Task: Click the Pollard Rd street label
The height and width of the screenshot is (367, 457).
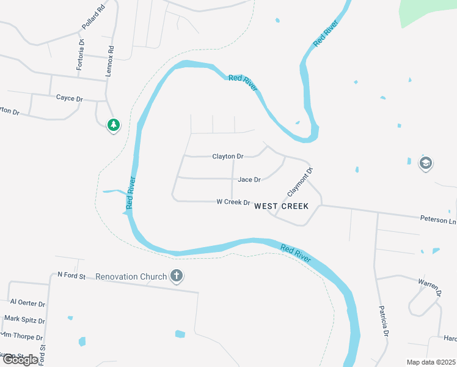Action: tap(93, 19)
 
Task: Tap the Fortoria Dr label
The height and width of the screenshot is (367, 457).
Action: tap(80, 54)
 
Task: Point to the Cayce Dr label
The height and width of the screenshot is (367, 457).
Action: tap(69, 98)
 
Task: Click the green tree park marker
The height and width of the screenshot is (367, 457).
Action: tap(113, 125)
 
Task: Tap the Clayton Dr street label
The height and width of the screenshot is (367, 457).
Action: tap(228, 157)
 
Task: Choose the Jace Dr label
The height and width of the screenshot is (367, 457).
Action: tap(249, 180)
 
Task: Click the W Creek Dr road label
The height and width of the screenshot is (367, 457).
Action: tap(233, 202)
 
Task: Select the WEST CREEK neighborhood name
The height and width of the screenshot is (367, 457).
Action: tap(281, 207)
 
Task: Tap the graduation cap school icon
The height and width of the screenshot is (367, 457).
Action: tap(425, 163)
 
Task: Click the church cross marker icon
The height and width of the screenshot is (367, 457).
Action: tap(177, 276)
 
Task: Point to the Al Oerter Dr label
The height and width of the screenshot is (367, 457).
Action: tap(28, 303)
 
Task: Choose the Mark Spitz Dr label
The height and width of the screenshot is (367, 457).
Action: tap(25, 319)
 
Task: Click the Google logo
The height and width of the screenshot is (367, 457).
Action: tap(20, 359)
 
